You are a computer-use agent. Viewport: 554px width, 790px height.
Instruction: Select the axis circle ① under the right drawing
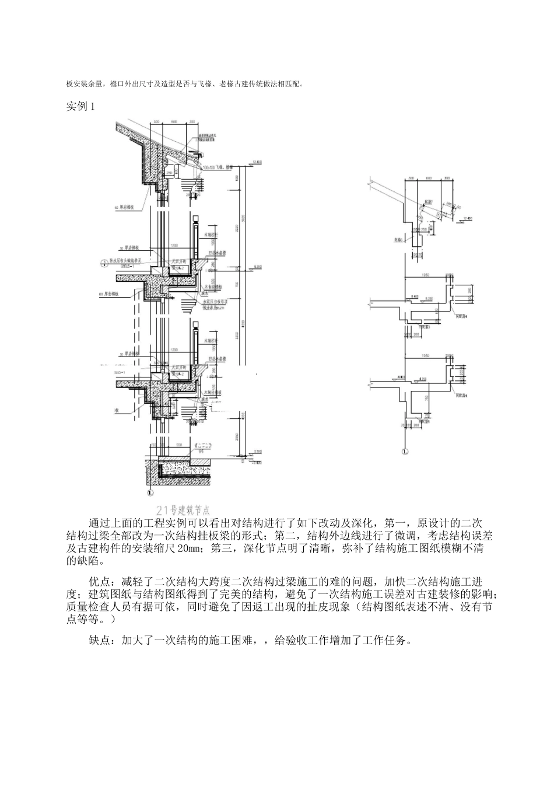pos(405,451)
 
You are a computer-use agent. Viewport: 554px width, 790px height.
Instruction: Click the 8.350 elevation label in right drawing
pos(430,299)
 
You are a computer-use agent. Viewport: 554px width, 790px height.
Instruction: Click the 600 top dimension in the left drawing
pos(174,121)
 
